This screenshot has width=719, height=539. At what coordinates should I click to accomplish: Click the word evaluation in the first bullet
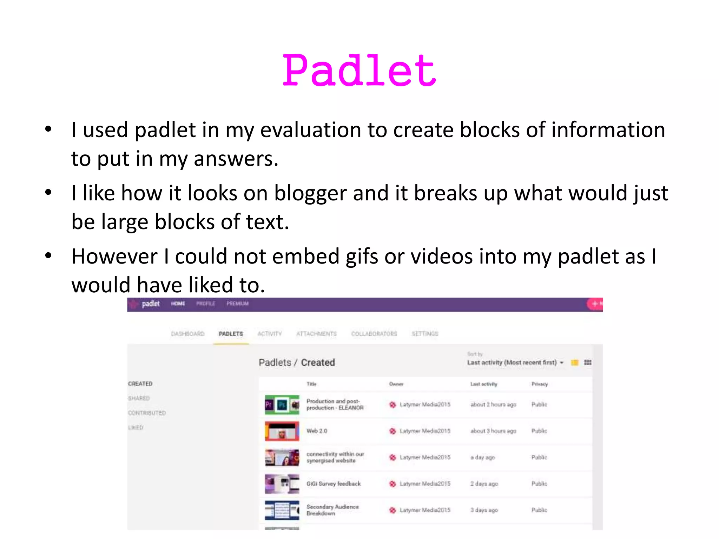coord(310,130)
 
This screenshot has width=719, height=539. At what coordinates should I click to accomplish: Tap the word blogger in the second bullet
coord(310,193)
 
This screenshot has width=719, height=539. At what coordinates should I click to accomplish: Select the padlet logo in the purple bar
coord(150,304)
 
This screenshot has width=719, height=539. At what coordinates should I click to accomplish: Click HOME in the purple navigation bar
coord(178,304)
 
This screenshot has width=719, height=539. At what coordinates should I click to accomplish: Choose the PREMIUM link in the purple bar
coord(237,304)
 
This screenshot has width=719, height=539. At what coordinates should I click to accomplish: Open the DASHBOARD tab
coord(187,334)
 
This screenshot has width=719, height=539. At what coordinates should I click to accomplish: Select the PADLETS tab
coord(231,334)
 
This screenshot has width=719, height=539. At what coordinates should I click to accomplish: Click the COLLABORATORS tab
coord(374,334)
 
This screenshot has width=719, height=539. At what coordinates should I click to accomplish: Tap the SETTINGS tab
coord(425,334)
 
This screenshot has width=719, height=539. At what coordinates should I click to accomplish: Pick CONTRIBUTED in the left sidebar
coord(147,413)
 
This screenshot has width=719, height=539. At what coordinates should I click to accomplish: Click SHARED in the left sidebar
coord(139,398)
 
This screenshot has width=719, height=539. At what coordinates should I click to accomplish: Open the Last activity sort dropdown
coord(515,362)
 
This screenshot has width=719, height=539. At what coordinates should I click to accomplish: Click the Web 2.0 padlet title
coord(317,431)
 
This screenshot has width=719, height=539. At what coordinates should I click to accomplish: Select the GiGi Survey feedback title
coord(334,484)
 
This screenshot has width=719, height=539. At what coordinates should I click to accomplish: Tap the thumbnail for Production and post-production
coord(282,405)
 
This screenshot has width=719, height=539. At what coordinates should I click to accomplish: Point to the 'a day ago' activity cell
coord(483,457)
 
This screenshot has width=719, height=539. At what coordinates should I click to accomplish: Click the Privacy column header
coord(539,384)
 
